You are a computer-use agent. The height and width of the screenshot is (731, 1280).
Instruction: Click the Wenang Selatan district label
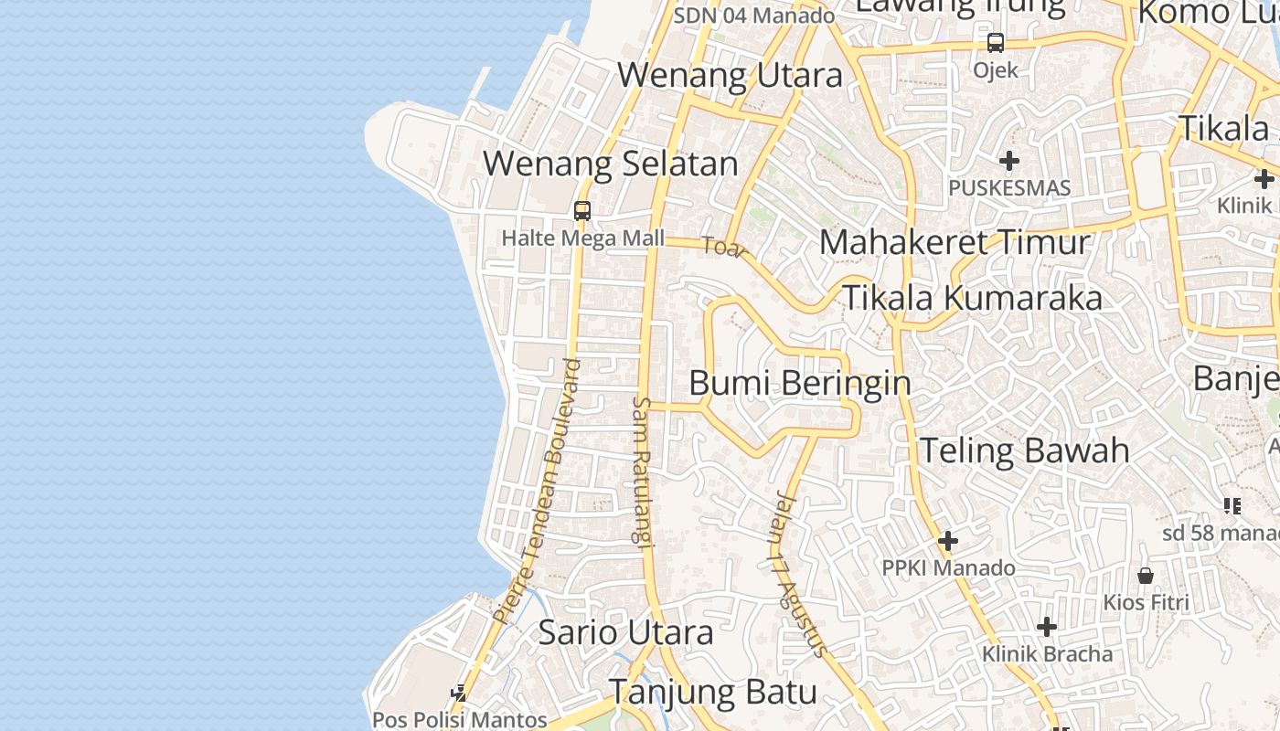[x=610, y=164]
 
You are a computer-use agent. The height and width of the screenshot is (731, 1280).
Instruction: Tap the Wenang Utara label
[x=730, y=76]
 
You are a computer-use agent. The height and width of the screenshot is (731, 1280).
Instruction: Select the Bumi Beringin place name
[x=800, y=383]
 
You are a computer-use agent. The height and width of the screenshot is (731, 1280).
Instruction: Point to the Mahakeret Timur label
[x=955, y=243]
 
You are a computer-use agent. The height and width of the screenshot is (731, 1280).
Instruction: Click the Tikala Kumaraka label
[x=972, y=299]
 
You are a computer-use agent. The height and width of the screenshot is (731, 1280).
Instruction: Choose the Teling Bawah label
[x=1024, y=450]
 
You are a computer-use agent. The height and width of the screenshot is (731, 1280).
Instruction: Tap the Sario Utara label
[x=625, y=632]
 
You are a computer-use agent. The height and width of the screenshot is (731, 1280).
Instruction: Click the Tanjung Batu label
[x=713, y=692]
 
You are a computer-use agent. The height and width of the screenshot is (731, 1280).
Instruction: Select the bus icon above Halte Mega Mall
[x=582, y=211]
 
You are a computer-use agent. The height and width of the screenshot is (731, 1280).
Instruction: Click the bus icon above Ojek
[x=995, y=43]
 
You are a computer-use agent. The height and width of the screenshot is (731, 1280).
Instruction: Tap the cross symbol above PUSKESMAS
[x=1009, y=162]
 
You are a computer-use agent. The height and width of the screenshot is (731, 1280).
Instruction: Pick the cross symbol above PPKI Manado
[x=948, y=542]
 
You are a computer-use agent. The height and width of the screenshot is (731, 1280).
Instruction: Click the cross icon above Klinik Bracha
[x=1047, y=627]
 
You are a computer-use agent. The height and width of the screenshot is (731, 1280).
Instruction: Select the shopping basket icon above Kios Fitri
[x=1146, y=576]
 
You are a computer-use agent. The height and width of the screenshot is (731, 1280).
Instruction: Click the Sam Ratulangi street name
[x=644, y=471]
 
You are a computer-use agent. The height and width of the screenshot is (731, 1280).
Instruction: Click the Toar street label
[x=725, y=247]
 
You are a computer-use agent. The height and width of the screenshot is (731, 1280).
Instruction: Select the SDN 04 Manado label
[x=754, y=16]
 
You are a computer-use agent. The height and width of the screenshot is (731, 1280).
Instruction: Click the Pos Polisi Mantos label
[x=459, y=719]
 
